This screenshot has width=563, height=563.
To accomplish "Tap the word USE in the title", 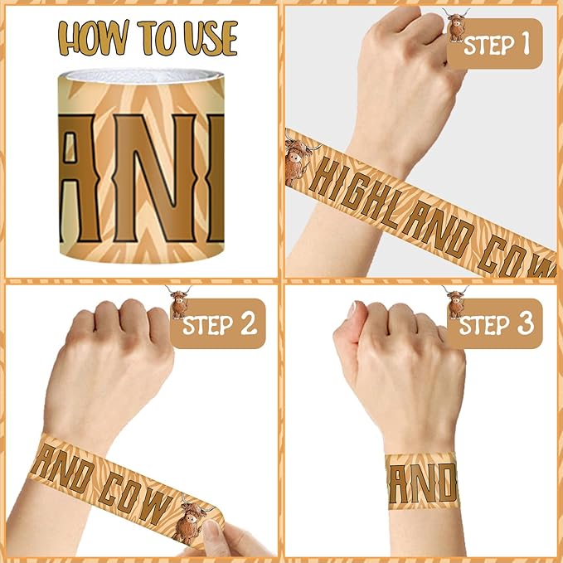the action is click(211, 37).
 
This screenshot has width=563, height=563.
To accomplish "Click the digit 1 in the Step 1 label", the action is click(526, 44).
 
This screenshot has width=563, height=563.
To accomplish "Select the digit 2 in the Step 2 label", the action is click(249, 323).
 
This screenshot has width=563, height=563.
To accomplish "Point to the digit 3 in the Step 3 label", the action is click(525, 323).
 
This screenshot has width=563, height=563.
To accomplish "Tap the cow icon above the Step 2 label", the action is click(178, 302).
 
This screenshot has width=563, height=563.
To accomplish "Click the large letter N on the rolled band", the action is click(155, 177).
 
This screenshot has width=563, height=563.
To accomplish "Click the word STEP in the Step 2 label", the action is click(208, 324).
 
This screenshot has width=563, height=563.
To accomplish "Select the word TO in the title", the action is click(157, 37).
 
